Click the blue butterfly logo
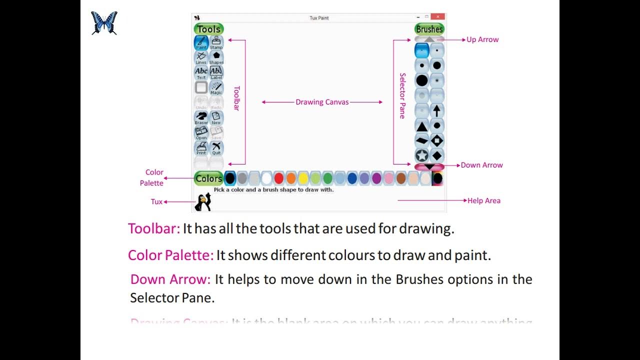tap(104, 23)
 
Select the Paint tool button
tap(201, 42)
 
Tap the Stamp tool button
tap(216, 42)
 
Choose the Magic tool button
tap(216, 88)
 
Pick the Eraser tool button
tap(201, 118)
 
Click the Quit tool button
tap(216, 148)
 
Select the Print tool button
tap(201, 148)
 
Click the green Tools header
tap(208, 29)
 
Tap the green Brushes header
tap(429, 29)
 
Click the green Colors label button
tap(208, 178)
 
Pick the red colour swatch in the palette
tap(279, 178)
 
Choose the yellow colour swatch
tap(303, 178)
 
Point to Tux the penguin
tap(203, 201)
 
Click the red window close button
tap(437, 17)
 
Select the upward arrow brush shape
tap(437, 111)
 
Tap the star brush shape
tap(422, 155)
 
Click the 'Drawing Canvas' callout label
tap(322, 102)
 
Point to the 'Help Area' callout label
tap(483, 200)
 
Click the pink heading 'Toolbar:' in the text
tap(153, 228)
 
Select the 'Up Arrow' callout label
tap(482, 39)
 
